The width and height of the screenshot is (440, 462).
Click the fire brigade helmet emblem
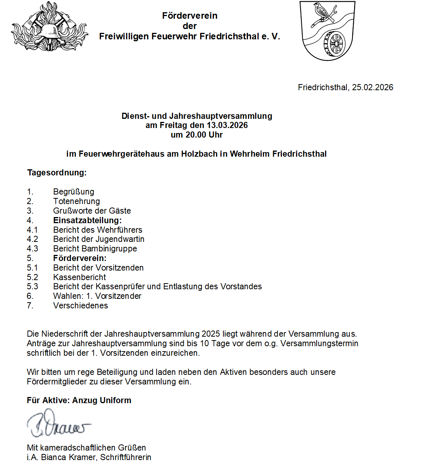tap(49, 28)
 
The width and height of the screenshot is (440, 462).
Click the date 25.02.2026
tap(372, 88)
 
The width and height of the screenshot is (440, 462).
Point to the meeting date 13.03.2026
tap(227, 125)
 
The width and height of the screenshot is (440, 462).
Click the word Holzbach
tap(199, 154)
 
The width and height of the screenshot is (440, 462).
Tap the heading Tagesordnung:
tap(57, 173)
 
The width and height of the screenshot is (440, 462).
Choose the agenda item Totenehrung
tap(76, 201)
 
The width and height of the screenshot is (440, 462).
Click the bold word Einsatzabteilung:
tap(87, 220)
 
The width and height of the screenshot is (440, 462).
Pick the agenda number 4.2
tap(32, 239)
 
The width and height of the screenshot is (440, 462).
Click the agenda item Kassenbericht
tap(79, 277)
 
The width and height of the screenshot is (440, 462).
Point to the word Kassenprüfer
tap(120, 287)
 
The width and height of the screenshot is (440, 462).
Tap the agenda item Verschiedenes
tap(81, 306)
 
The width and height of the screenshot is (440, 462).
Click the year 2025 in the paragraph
tap(211, 334)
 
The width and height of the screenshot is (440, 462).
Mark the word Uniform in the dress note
tap(115, 400)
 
